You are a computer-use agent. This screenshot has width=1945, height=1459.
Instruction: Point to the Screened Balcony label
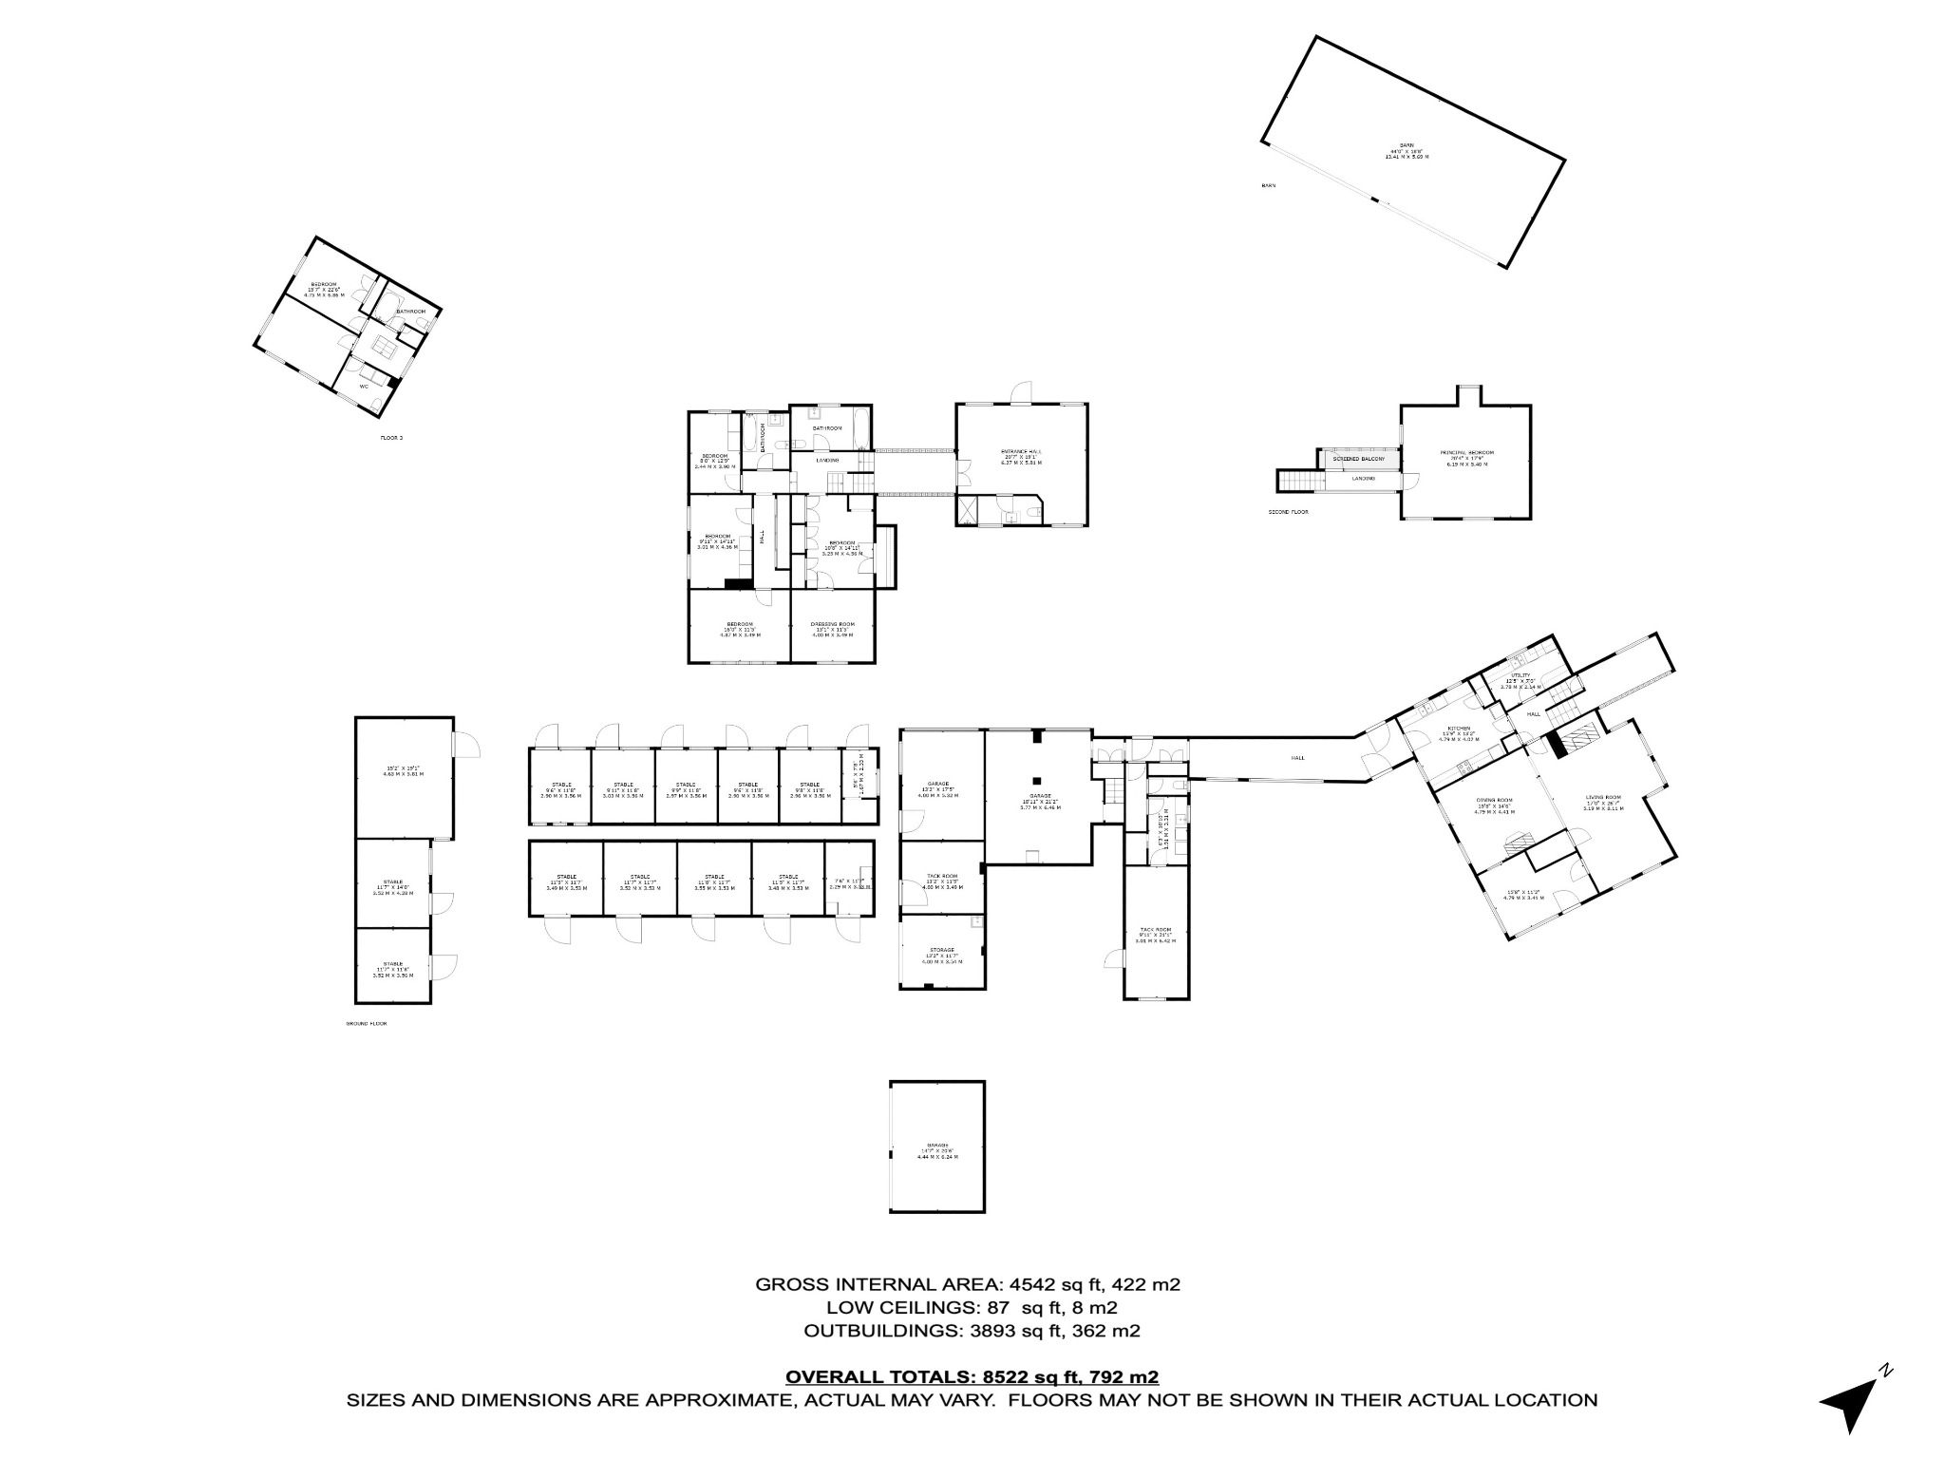point(1358,460)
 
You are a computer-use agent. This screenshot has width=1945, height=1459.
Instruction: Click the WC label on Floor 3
point(364,387)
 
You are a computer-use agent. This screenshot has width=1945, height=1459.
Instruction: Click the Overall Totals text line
point(972,1376)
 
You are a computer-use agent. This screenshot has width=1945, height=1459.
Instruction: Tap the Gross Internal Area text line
point(967,1285)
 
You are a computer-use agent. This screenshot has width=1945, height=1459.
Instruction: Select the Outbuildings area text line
point(972,1331)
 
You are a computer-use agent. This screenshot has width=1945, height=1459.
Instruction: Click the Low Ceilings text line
point(972,1308)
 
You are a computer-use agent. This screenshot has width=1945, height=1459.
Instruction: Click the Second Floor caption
point(1288,512)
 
